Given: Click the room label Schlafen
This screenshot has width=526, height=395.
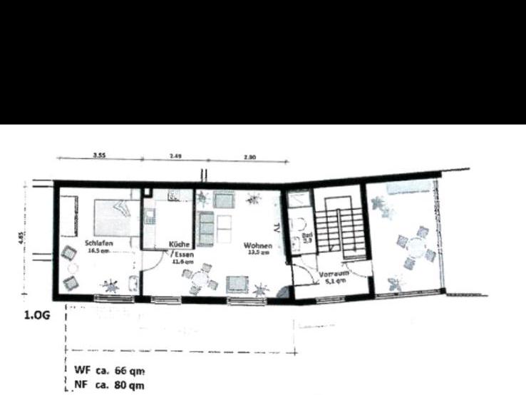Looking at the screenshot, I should pos(98,242).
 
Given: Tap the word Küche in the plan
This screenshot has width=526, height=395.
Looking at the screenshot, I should pos(179,244).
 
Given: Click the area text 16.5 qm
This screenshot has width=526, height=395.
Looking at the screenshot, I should pos(98,251).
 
